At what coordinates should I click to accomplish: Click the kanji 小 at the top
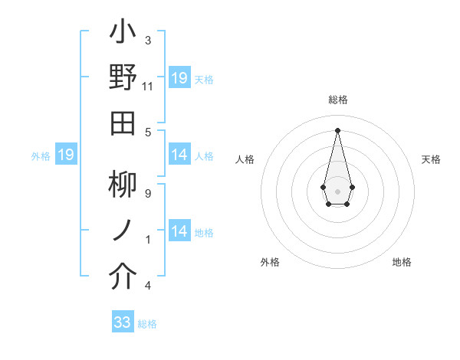(123, 34)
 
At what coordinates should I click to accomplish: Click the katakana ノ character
(123, 230)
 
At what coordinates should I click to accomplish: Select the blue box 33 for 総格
(123, 322)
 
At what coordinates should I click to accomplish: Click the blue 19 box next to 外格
(66, 155)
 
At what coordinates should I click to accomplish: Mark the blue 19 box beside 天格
(179, 78)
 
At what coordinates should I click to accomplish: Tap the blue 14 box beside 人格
(179, 155)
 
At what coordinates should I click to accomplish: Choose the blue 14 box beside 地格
(179, 231)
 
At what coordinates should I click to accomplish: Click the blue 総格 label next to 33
(147, 324)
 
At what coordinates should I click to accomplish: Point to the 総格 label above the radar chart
(337, 100)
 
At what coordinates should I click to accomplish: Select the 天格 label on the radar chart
(431, 159)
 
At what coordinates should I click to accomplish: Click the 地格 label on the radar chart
(402, 262)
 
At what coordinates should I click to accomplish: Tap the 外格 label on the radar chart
(270, 262)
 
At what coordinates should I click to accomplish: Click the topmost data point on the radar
(337, 129)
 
